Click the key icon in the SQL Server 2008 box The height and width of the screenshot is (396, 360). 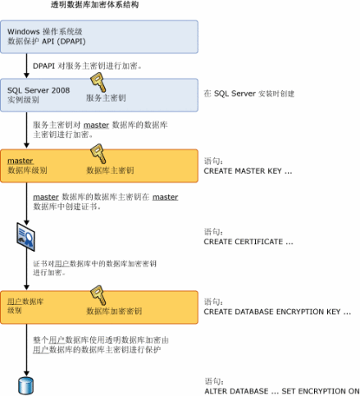(x=98, y=84)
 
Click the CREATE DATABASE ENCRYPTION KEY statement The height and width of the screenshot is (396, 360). (x=277, y=312)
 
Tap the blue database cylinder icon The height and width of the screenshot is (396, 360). (x=25, y=385)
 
